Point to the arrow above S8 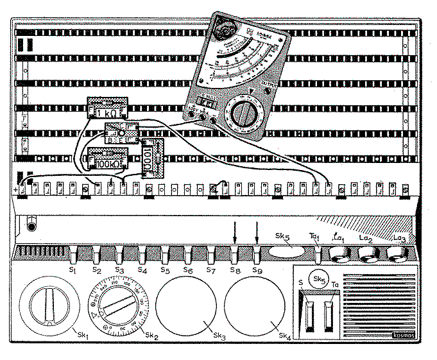click(236, 232)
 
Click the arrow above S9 click(258, 232)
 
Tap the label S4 click(142, 270)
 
